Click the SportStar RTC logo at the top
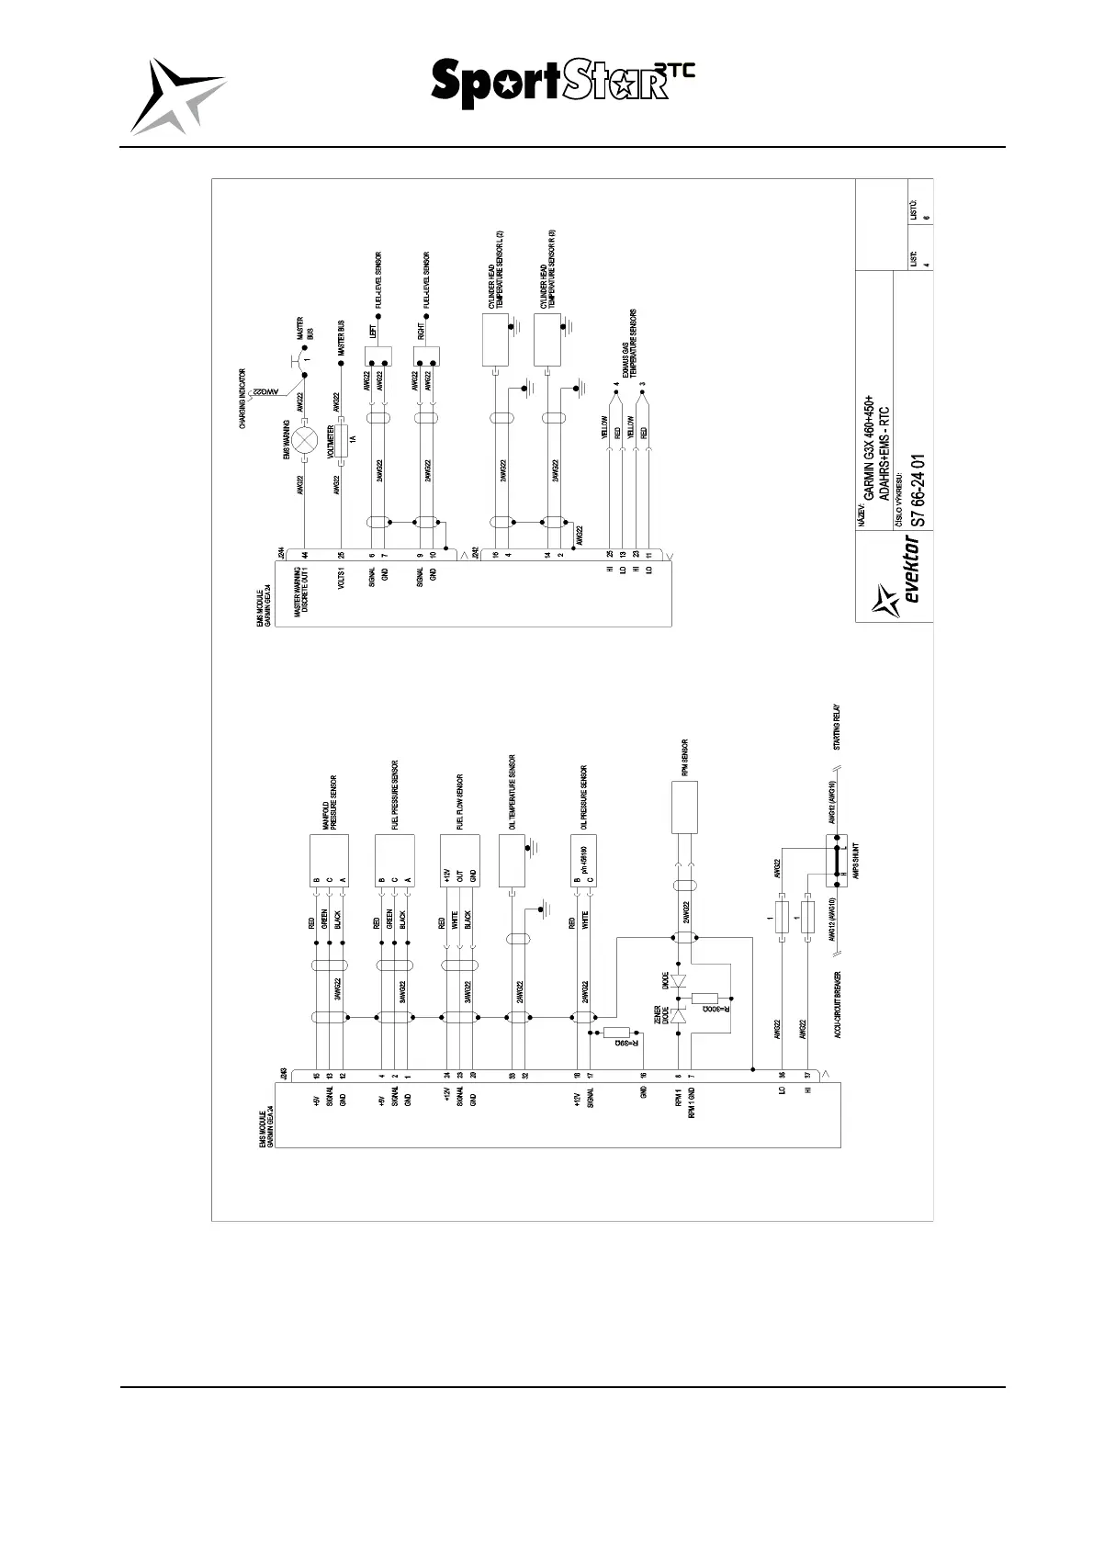[x=562, y=83]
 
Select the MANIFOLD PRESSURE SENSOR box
[x=330, y=860]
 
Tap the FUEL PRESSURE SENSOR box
[x=395, y=860]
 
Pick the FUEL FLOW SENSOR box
[x=460, y=860]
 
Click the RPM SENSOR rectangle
[x=684, y=807]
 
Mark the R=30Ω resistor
[x=704, y=999]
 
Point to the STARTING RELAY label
[x=837, y=728]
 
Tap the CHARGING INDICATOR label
[x=243, y=399]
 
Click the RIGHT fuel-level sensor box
[x=425, y=355]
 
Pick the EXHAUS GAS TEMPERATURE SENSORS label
[x=629, y=344]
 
